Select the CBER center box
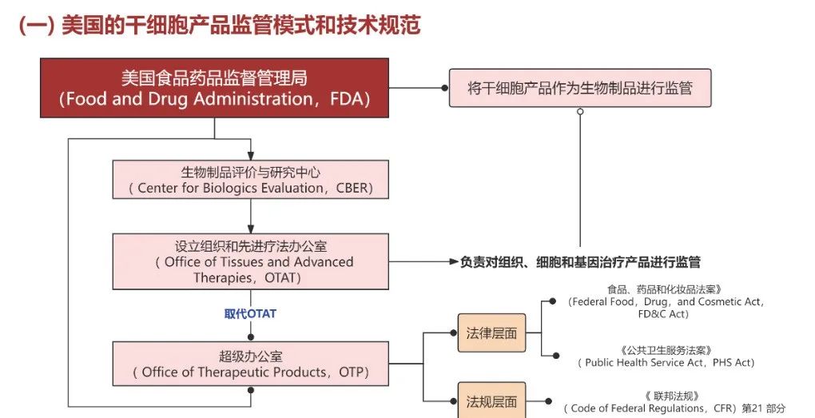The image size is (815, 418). pyautogui.click(x=251, y=179)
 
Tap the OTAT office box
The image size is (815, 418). pyautogui.click(x=251, y=261)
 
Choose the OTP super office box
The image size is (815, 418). pyautogui.click(x=251, y=364)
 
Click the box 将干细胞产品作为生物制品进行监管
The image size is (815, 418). pyautogui.click(x=579, y=88)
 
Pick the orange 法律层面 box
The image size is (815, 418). pyautogui.click(x=491, y=333)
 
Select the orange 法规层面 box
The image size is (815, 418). pyautogui.click(x=491, y=402)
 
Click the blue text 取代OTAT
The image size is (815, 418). pyautogui.click(x=250, y=314)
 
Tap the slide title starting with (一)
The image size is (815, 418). pyautogui.click(x=219, y=25)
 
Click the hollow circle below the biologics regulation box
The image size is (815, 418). pyautogui.click(x=580, y=112)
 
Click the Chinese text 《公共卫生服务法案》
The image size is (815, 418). pyautogui.click(x=665, y=350)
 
